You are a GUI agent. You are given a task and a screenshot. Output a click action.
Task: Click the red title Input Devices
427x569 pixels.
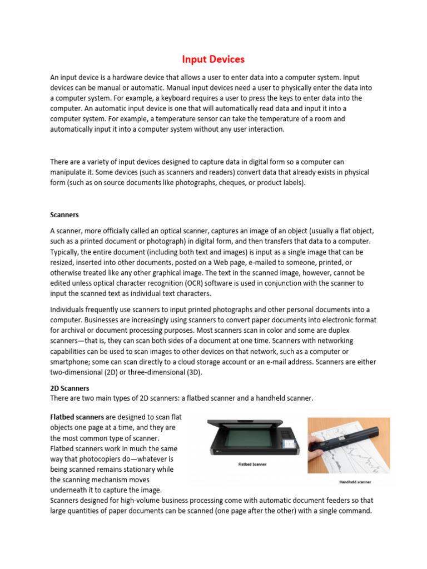214,59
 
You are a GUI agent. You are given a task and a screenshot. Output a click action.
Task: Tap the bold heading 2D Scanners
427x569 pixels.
69,388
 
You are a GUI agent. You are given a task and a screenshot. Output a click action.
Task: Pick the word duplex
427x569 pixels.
363,331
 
